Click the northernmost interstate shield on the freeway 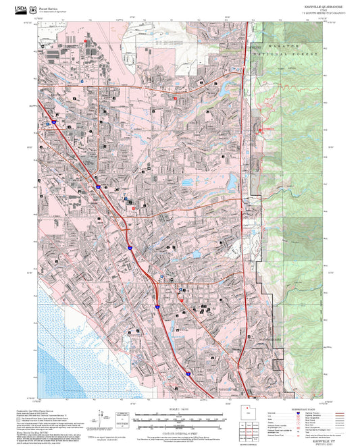point(52,124)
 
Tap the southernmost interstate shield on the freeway point(189,373)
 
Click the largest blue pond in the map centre point(230,182)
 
